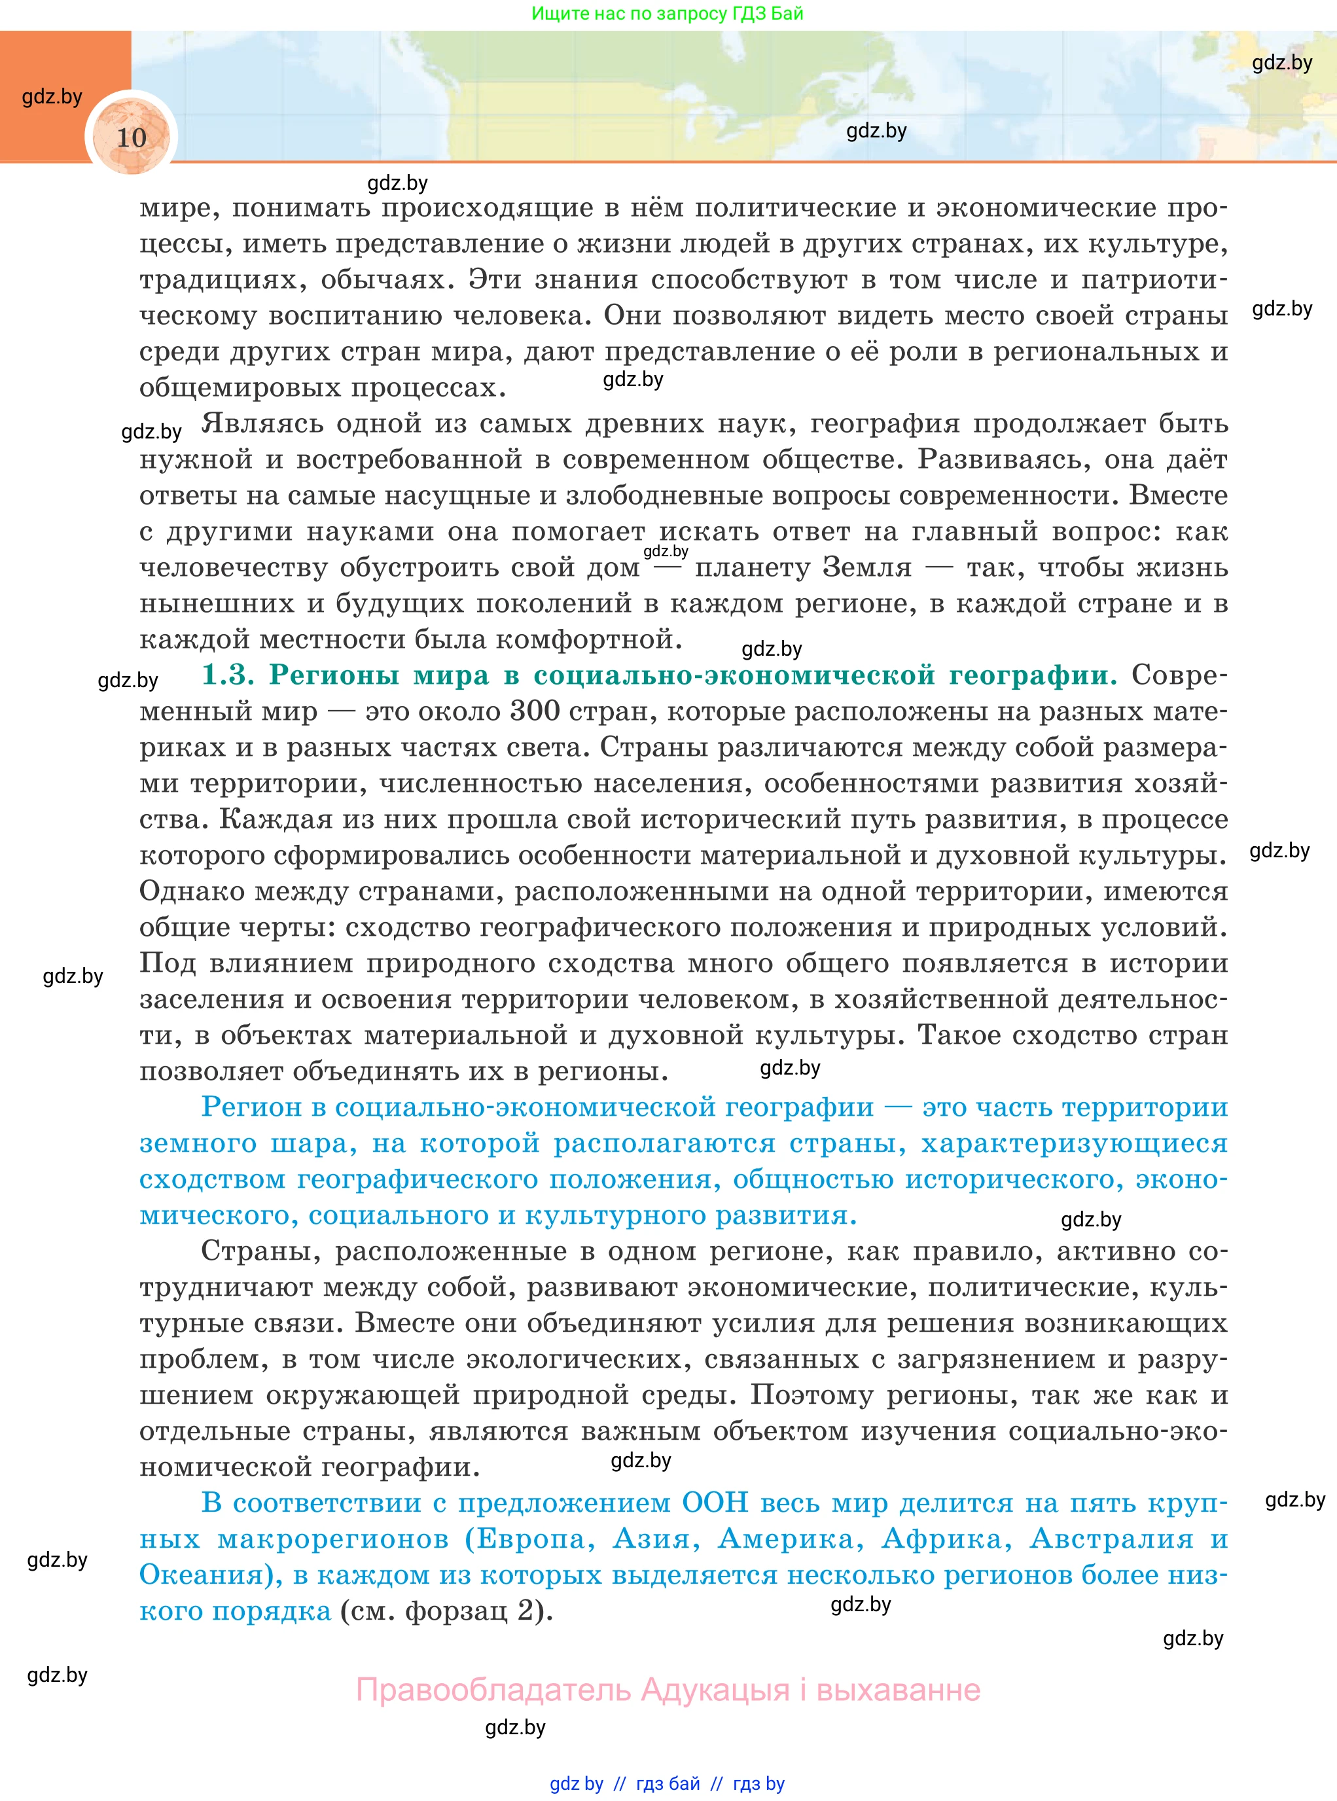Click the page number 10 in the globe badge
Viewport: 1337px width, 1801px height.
[132, 137]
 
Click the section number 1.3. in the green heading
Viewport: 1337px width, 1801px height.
[228, 674]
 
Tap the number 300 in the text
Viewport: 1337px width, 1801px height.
[535, 711]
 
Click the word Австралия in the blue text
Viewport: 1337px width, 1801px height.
[1111, 1538]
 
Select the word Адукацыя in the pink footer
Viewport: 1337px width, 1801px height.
[715, 1690]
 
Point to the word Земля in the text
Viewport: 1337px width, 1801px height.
[866, 567]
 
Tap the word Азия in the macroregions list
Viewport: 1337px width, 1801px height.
[656, 1538]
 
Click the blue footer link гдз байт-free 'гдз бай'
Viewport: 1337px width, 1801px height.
[668, 1783]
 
